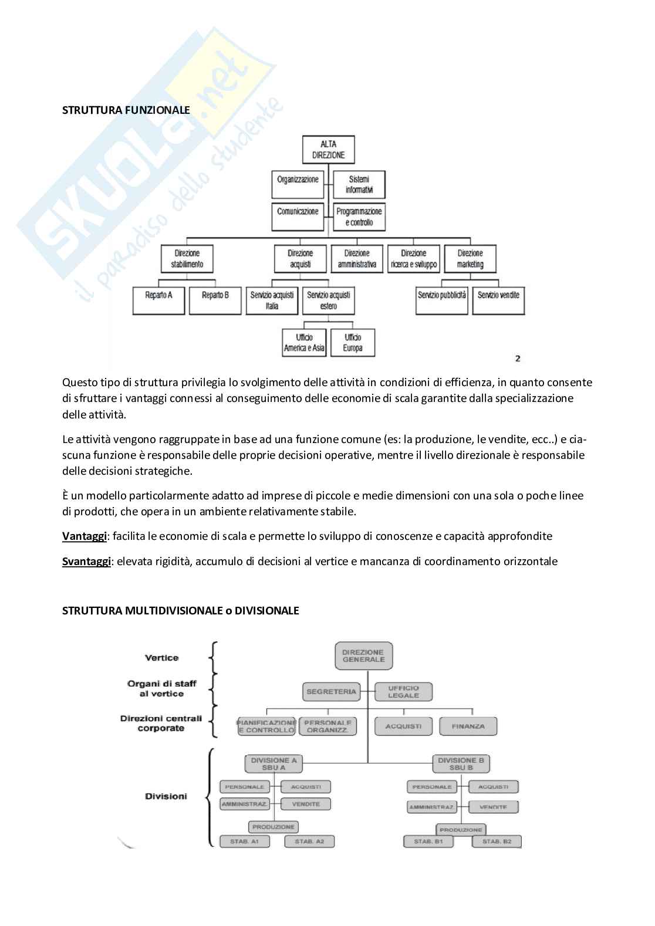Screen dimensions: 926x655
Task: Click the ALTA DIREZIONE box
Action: [x=328, y=150]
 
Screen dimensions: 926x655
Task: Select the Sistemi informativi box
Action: [x=359, y=184]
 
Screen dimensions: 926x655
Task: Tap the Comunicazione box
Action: [x=298, y=216]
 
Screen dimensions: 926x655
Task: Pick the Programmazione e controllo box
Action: [x=359, y=217]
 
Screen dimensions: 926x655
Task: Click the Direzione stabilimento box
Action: [x=187, y=259]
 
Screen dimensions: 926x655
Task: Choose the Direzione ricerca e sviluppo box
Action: [x=414, y=259]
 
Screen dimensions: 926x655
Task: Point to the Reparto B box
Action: [x=215, y=300]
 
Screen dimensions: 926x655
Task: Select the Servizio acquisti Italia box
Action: [x=272, y=300]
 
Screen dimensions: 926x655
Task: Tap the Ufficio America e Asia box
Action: [x=304, y=342]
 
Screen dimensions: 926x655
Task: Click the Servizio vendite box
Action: [x=498, y=300]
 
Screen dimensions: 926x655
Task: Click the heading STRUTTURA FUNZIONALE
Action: [x=126, y=110]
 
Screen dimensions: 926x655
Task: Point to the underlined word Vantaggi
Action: [x=85, y=536]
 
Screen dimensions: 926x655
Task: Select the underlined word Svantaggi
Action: [x=86, y=561]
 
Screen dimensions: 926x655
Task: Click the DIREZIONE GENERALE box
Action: [x=363, y=655]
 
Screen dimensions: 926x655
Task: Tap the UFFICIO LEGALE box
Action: [x=403, y=691]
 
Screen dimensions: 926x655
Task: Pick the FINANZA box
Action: [x=468, y=726]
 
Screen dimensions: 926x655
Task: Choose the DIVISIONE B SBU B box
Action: [x=461, y=763]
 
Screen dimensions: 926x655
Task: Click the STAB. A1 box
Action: [x=245, y=841]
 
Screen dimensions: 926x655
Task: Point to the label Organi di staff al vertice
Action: [x=161, y=688]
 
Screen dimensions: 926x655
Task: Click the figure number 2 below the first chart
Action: [x=517, y=358]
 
